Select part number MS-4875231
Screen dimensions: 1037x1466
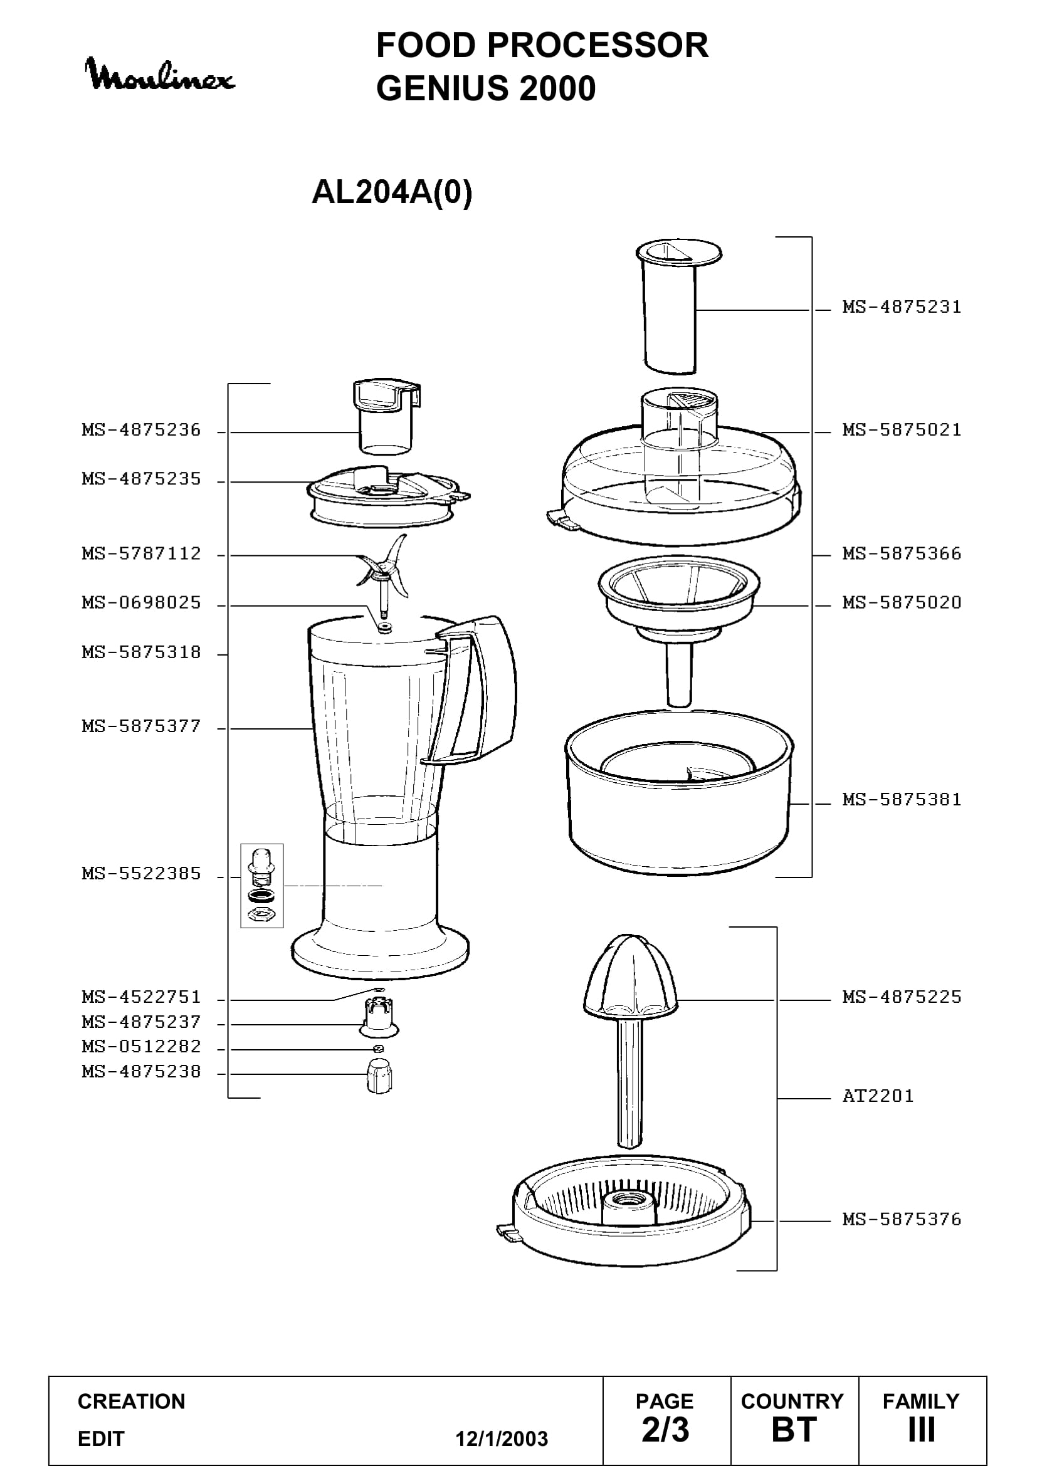(x=902, y=307)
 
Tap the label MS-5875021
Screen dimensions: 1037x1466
(x=902, y=430)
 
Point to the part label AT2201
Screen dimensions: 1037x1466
(x=878, y=1096)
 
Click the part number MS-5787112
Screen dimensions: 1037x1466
(x=141, y=553)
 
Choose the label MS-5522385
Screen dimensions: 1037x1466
(x=141, y=874)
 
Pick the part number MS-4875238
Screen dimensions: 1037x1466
(x=141, y=1071)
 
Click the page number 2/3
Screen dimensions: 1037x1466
(x=665, y=1430)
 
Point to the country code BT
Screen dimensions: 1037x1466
(x=794, y=1430)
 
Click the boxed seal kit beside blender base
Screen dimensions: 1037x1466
(x=262, y=886)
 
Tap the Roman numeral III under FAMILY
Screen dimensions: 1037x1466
(x=922, y=1430)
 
